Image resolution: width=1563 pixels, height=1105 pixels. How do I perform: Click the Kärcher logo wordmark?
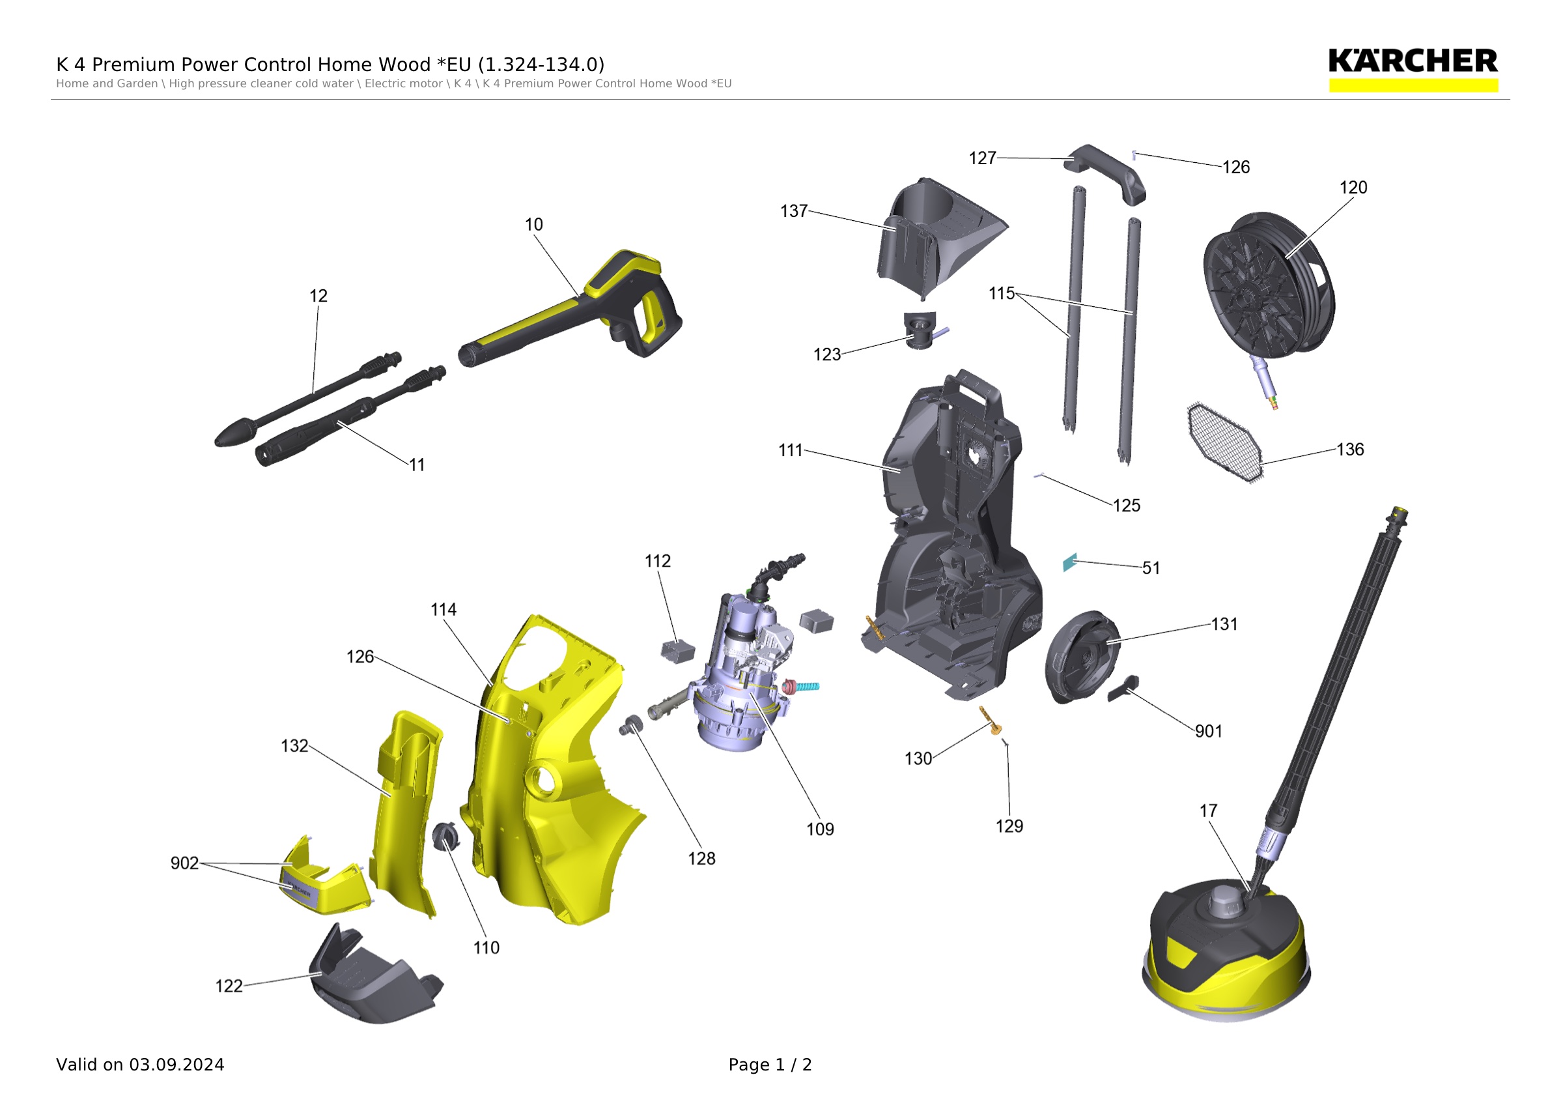click(1413, 61)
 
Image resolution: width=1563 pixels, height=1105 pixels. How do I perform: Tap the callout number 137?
click(794, 211)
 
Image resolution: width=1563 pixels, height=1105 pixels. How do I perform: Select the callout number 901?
click(1209, 731)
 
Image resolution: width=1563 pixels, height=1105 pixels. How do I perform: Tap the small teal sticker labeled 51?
click(1070, 562)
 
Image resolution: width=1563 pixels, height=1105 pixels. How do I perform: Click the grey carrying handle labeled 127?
click(1106, 173)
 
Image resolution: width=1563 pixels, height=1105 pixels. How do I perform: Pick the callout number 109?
click(821, 829)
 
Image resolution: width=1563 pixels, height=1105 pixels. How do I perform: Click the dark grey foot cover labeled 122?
click(374, 975)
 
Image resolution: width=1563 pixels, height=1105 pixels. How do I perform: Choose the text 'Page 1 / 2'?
click(770, 1065)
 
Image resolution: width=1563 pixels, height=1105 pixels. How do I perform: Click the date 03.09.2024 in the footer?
click(177, 1065)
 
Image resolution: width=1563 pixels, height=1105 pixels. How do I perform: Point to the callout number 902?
click(184, 863)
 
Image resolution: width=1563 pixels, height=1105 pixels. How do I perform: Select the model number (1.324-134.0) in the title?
click(541, 65)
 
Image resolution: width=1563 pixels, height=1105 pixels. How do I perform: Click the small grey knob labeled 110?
click(446, 836)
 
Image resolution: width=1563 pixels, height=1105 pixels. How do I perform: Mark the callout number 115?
click(1002, 293)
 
